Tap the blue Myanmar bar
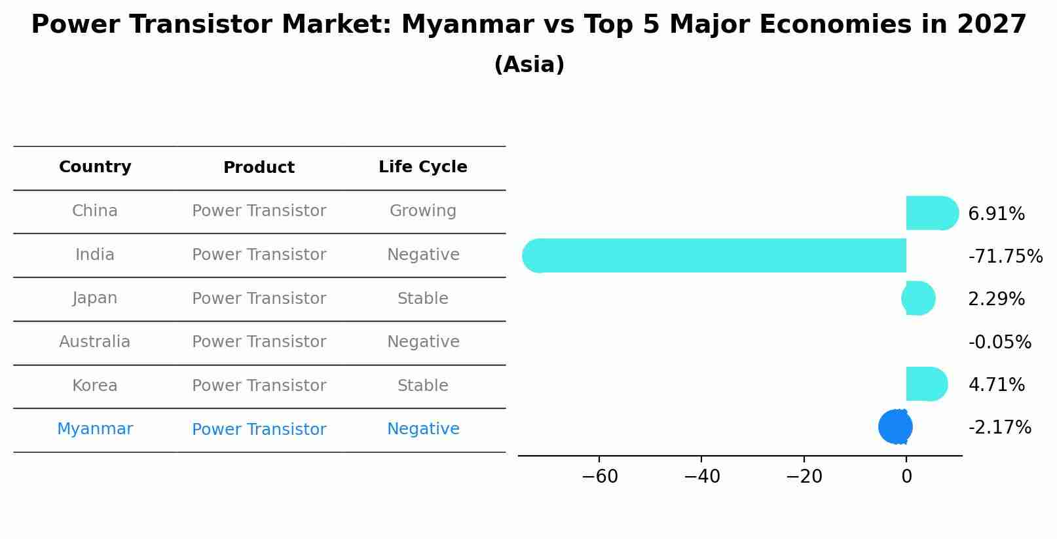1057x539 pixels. [895, 427]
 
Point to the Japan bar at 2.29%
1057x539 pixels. [919, 299]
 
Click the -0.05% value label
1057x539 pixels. [999, 342]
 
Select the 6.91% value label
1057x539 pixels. [996, 214]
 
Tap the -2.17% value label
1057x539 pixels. [999, 428]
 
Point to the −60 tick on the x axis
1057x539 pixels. [599, 477]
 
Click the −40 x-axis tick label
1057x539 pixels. [701, 477]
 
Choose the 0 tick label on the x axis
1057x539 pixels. [906, 477]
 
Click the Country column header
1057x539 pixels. [95, 167]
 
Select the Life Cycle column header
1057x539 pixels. [423, 167]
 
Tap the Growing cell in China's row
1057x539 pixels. [423, 211]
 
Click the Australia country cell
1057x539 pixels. [95, 342]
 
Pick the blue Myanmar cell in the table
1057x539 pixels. [95, 429]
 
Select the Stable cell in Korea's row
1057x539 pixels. [423, 386]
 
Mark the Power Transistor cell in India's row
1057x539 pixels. [259, 255]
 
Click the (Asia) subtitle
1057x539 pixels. [529, 65]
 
